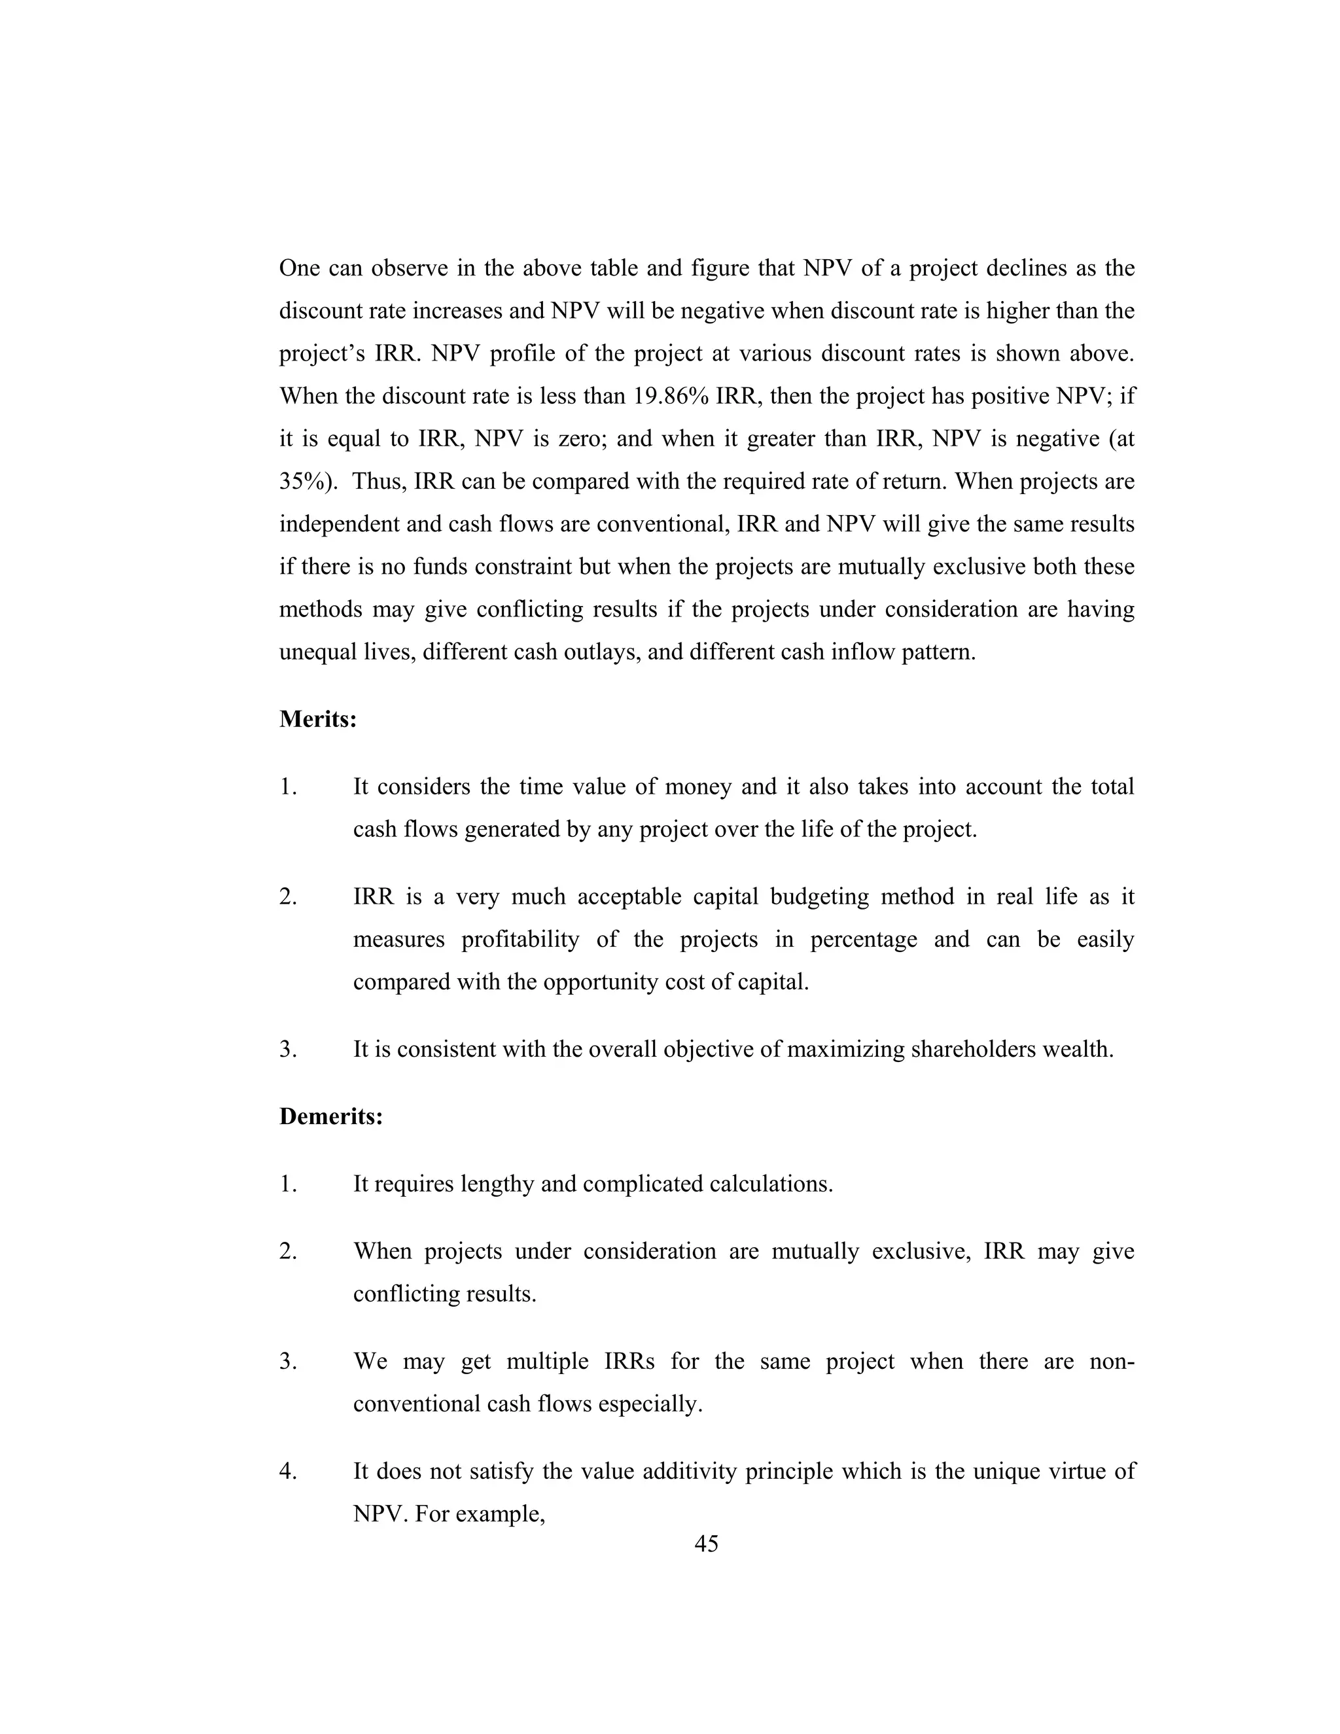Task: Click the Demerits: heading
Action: [331, 1116]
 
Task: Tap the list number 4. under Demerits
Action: [288, 1471]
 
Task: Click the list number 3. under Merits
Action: [288, 1050]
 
